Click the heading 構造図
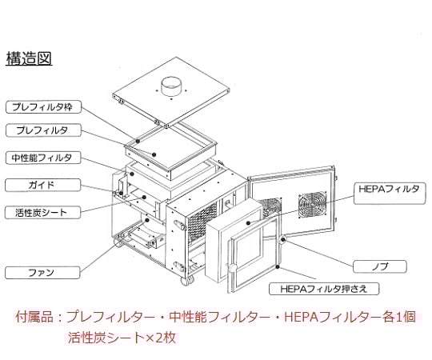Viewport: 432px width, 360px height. pyautogui.click(x=29, y=58)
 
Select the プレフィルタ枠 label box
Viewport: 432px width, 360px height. pyautogui.click(x=41, y=106)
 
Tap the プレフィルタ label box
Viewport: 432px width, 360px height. pyautogui.click(x=41, y=130)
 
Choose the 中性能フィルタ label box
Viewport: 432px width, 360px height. pyautogui.click(x=41, y=158)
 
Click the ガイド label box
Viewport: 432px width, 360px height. pyautogui.click(x=41, y=185)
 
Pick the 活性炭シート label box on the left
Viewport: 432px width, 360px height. pyautogui.click(x=41, y=213)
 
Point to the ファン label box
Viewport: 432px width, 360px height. pyautogui.click(x=41, y=273)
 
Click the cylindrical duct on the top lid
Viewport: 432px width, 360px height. pyautogui.click(x=171, y=83)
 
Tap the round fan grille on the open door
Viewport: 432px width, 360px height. pyautogui.click(x=312, y=207)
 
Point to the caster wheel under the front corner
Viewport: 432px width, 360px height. pyautogui.click(x=188, y=282)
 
